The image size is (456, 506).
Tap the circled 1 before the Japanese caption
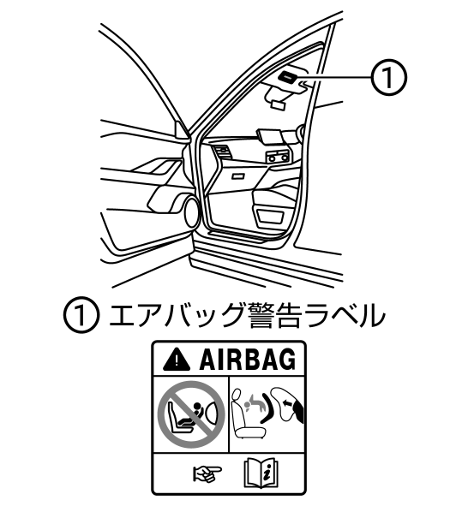point(81,315)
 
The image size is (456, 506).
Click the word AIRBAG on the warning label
point(248,360)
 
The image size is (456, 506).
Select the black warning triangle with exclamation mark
point(176,360)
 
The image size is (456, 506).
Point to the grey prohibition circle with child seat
point(191,414)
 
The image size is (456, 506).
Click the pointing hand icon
point(207,473)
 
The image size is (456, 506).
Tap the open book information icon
point(261,473)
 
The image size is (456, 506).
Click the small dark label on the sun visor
point(287,77)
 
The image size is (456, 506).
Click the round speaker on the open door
point(191,212)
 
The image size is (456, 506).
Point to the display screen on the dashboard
point(271,135)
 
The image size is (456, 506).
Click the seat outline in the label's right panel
point(247,414)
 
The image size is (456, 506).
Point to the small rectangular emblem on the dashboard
point(238,176)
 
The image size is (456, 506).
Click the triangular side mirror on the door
point(183,130)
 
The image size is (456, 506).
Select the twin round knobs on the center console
point(278,158)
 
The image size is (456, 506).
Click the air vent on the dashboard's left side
point(222,152)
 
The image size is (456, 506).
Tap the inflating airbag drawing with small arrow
point(287,405)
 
